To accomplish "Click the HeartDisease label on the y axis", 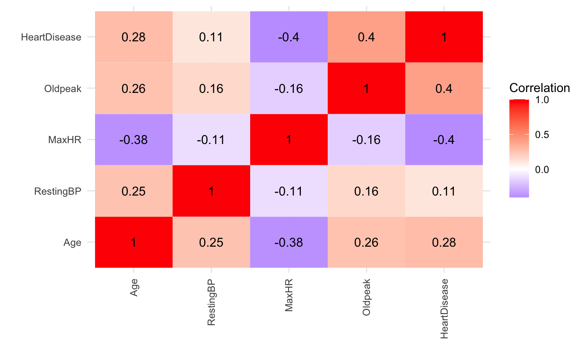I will pos(51,37).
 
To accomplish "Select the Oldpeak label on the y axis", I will pos(63,89).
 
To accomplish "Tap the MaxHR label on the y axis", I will pos(65,140).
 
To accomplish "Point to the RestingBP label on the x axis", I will pos(211,303).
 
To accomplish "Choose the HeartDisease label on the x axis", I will pos(444,309).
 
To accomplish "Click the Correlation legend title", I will pos(540,88).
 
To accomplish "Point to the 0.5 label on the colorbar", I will pos(543,135).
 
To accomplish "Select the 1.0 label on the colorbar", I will pos(543,100).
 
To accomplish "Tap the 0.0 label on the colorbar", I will pos(543,170).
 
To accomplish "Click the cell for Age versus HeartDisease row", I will pos(133,37).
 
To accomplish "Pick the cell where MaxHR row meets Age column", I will pos(133,140).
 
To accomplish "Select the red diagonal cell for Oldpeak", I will pos(366,89).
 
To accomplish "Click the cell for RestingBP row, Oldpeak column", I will pos(366,191).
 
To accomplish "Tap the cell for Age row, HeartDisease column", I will pos(444,242).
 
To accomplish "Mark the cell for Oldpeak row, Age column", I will pos(133,89).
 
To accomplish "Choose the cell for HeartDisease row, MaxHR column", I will pos(289,37).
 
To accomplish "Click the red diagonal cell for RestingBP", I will pos(211,191).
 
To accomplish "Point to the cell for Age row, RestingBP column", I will pos(211,242).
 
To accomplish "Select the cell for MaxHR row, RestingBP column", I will pos(211,140).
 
